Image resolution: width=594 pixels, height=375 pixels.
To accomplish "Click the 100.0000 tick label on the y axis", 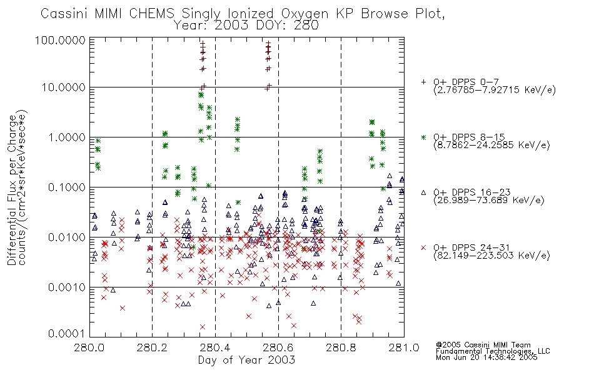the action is click(60, 40).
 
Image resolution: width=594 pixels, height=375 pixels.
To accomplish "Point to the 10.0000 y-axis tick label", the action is click(64, 87).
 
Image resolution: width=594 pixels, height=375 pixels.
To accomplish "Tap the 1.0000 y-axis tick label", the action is click(67, 137).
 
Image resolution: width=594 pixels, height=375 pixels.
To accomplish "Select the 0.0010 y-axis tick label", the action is click(67, 287).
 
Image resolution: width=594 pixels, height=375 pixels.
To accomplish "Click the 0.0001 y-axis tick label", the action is click(67, 334).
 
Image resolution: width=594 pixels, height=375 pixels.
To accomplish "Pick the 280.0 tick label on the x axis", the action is click(89, 347).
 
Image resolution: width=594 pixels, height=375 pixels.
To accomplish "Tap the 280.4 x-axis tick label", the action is click(215, 347).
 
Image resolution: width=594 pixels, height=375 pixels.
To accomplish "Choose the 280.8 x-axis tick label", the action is click(341, 347).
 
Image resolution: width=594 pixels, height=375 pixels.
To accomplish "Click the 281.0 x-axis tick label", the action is click(404, 347).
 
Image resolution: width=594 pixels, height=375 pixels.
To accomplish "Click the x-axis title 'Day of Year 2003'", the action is click(246, 360).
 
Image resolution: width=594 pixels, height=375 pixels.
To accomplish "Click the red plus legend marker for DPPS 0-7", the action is click(423, 82).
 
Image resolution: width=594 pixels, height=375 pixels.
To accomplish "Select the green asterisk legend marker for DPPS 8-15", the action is click(423, 137).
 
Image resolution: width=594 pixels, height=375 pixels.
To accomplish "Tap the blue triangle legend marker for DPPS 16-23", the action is click(423, 192).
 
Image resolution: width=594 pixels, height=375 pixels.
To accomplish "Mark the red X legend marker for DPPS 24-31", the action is click(423, 247).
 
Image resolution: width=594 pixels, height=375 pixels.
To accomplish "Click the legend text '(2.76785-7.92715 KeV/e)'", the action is click(495, 90).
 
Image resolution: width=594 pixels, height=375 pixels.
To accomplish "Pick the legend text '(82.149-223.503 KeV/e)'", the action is click(491, 256).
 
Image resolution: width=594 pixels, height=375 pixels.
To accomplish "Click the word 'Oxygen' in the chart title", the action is click(306, 14).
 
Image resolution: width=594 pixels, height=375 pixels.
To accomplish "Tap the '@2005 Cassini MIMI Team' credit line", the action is click(483, 345).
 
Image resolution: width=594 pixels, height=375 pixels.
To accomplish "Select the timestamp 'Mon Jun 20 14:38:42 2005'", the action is click(486, 357).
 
